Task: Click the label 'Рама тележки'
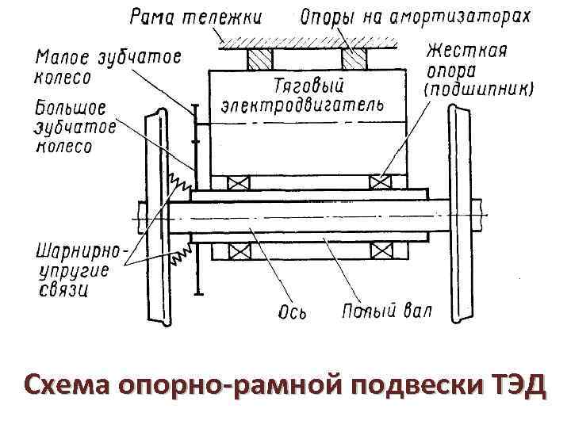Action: point(196,17)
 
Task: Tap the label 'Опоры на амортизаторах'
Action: point(416,17)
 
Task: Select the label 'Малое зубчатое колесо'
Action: point(108,67)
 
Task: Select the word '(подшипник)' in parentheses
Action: point(479,89)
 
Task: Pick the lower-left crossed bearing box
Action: point(238,251)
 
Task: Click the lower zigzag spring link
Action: point(181,253)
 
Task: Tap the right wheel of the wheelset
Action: point(460,214)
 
